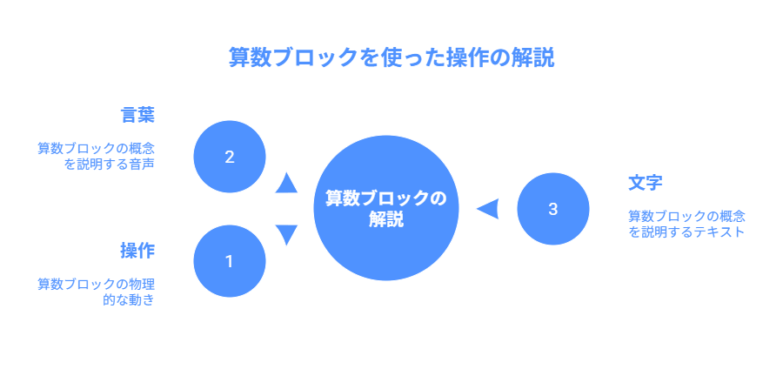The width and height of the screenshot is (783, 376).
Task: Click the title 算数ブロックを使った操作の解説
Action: (391, 57)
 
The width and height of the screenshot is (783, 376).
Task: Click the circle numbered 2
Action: (229, 157)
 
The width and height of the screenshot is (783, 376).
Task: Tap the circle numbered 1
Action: (229, 261)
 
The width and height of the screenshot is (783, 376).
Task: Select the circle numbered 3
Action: (553, 209)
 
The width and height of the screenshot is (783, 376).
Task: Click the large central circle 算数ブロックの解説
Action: (385, 209)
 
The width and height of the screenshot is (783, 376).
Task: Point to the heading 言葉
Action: (137, 115)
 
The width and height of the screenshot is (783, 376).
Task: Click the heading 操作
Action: (137, 251)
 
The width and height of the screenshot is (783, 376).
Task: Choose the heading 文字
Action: (646, 184)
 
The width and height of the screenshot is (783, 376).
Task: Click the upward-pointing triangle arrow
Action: (286, 183)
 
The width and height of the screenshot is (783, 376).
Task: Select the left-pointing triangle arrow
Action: (488, 209)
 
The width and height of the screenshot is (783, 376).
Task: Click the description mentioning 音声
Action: (96, 156)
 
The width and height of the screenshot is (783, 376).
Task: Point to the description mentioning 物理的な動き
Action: (96, 292)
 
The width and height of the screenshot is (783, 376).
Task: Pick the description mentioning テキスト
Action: (687, 224)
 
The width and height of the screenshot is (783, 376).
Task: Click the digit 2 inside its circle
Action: (229, 157)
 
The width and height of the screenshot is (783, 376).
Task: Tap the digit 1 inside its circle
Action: (229, 261)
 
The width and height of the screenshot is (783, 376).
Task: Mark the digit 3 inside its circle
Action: (553, 209)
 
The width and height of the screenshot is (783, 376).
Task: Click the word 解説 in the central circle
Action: (385, 220)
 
